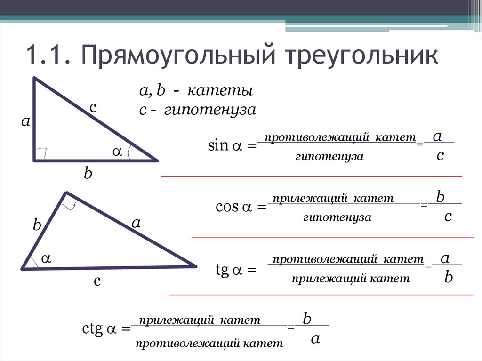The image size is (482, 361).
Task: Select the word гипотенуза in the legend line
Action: [x=210, y=111]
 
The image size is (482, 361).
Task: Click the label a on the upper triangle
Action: [x=25, y=122]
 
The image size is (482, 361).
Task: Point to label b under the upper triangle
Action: [x=88, y=174]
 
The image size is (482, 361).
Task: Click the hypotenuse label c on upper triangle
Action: [x=93, y=108]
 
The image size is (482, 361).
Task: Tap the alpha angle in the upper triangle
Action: [x=116, y=151]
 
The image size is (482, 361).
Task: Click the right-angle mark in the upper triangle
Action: [x=40, y=153]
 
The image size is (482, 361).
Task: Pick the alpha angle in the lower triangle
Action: [x=46, y=258]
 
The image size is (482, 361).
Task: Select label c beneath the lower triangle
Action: [x=97, y=281]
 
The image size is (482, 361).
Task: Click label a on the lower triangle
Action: [x=136, y=223]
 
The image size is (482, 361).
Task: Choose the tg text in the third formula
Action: [x=222, y=270]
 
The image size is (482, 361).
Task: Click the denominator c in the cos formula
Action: [x=448, y=217]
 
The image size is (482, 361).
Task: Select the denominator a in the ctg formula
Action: [x=315, y=338]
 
